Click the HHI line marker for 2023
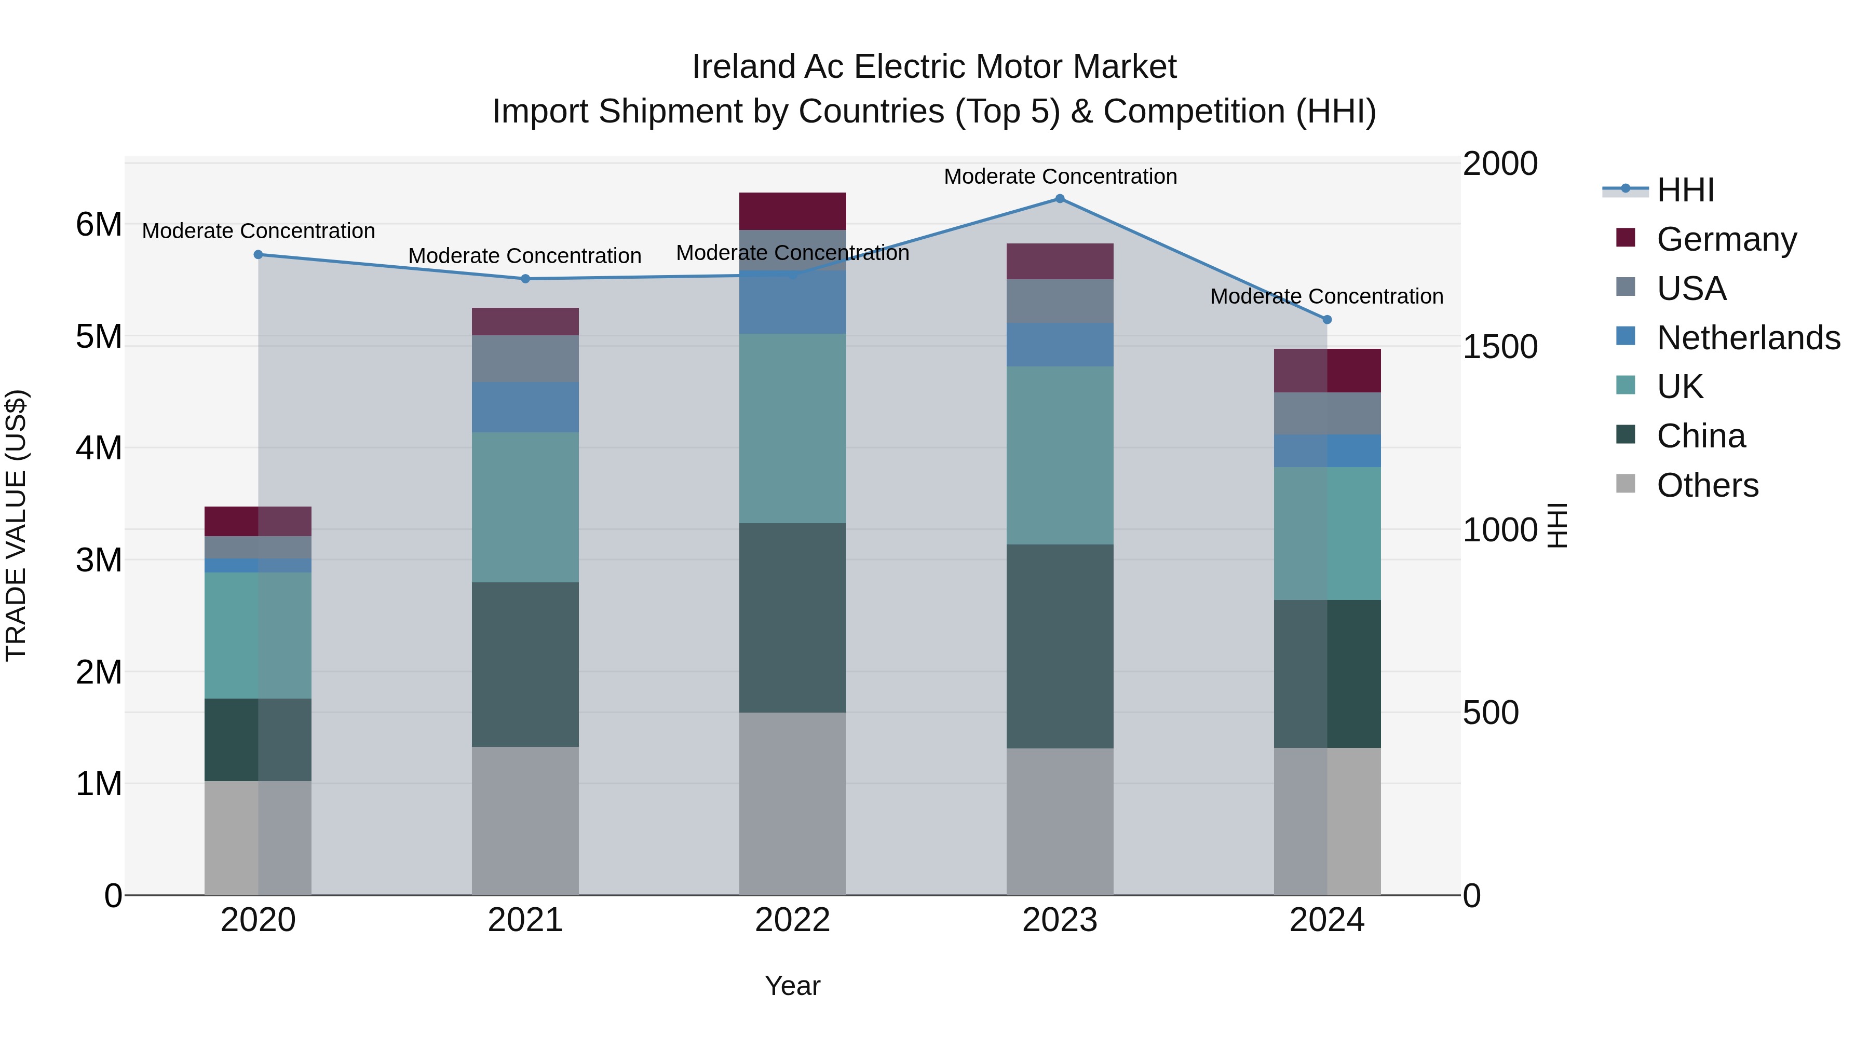click(x=1059, y=199)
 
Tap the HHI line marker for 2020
click(x=259, y=255)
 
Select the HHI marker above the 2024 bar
click(x=1327, y=320)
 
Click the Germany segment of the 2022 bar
click(x=792, y=211)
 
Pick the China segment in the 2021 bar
click(x=525, y=664)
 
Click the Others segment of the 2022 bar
click(x=792, y=803)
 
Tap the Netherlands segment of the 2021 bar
click(x=525, y=407)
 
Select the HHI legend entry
click(x=1685, y=190)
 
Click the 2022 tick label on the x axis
click(x=792, y=920)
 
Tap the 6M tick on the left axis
click(x=99, y=225)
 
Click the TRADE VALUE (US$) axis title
click(x=16, y=525)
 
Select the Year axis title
click(x=792, y=986)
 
